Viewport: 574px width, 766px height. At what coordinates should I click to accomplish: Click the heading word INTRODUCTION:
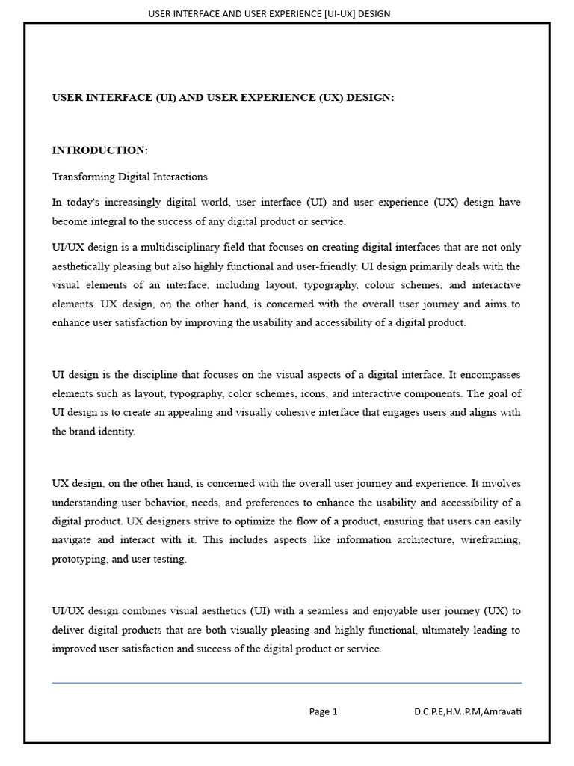point(99,150)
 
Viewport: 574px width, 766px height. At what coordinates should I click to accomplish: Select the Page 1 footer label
point(323,712)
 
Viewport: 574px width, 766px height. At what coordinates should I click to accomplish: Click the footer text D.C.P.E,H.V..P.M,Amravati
point(468,712)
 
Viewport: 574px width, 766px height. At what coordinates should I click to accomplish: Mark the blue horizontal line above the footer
point(286,683)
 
